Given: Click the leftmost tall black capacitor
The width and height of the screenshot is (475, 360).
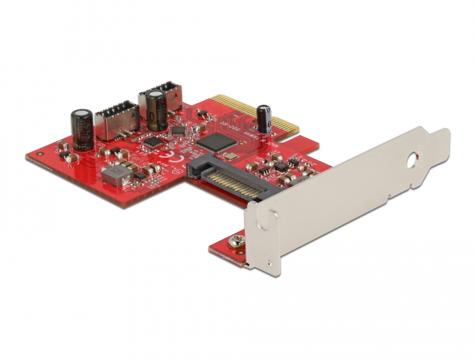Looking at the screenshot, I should coord(83,129).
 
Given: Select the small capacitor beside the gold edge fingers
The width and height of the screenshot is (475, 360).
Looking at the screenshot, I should coord(264,119).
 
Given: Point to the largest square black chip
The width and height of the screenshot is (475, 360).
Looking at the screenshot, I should coord(216,141).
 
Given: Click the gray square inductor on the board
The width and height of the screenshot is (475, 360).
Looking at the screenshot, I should coord(115,177).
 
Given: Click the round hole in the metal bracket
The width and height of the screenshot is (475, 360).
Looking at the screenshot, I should coord(413,162).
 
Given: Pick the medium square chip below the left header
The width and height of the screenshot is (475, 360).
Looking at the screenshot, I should coord(155,142).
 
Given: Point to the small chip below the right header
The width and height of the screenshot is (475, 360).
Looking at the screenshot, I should coord(178,129).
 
